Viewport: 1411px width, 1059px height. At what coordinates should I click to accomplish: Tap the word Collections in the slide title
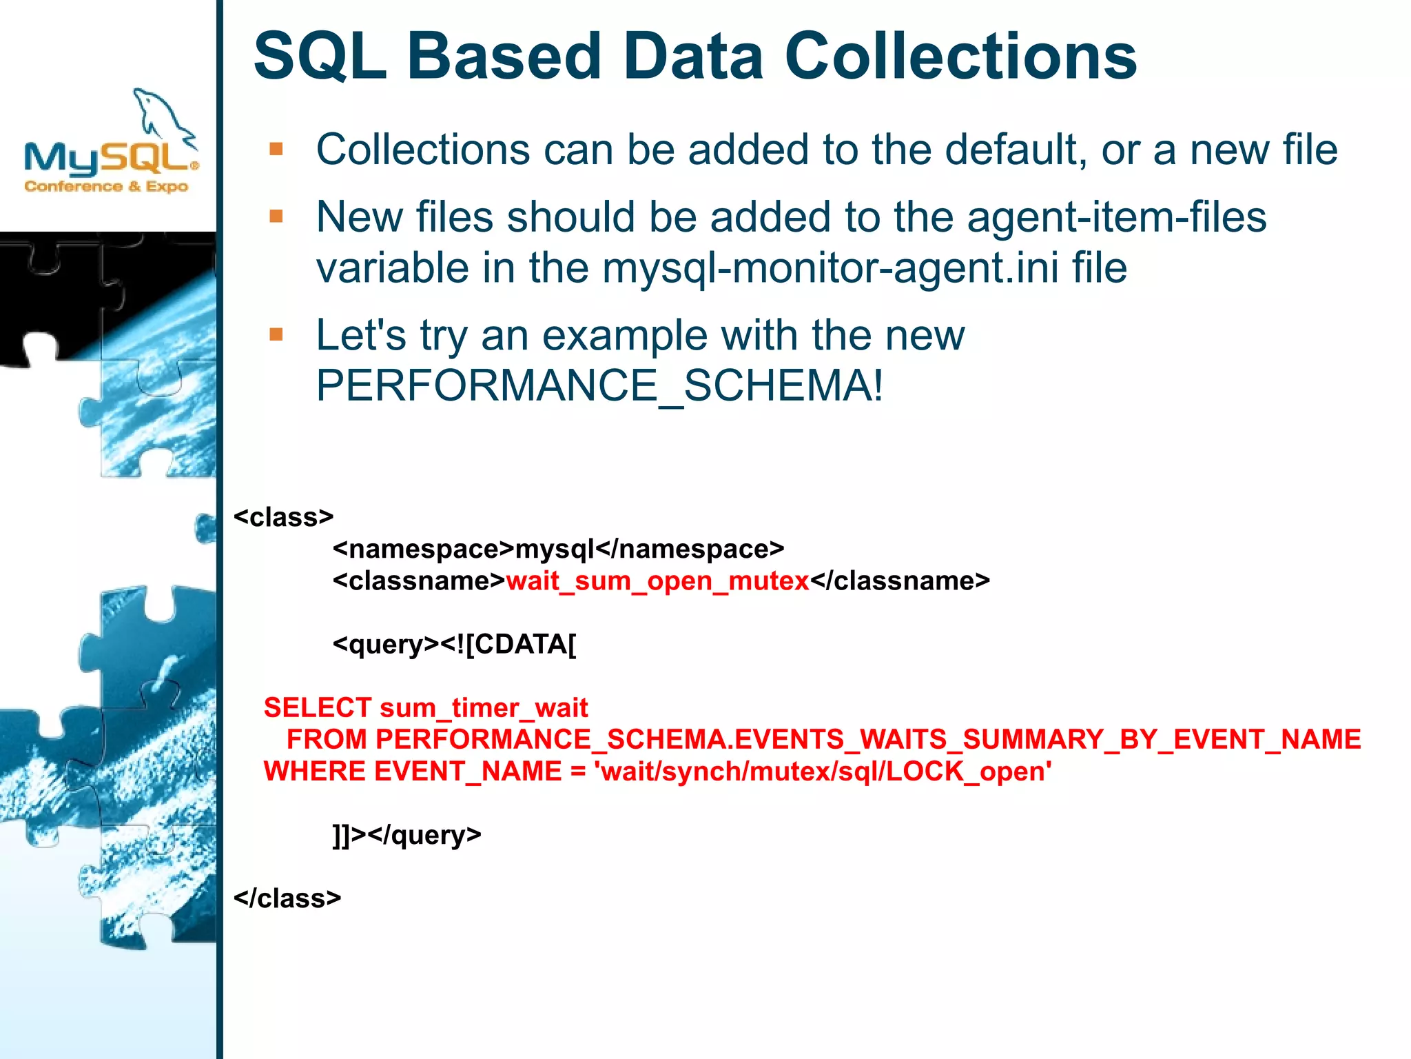click(960, 57)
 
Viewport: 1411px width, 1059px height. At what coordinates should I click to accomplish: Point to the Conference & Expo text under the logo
click(106, 187)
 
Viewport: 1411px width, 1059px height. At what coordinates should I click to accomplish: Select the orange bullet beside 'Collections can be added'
click(276, 150)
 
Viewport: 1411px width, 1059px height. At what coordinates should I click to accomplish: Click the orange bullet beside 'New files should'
click(276, 217)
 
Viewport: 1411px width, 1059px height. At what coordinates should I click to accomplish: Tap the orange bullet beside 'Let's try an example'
click(276, 335)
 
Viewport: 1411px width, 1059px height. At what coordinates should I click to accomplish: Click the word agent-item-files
click(1116, 217)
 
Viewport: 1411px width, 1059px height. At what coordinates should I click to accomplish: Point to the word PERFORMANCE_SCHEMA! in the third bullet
click(599, 385)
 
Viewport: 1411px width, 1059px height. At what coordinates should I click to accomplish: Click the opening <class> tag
click(283, 517)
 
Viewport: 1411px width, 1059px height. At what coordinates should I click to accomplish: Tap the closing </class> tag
click(287, 898)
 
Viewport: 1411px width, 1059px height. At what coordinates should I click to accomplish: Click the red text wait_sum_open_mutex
click(657, 581)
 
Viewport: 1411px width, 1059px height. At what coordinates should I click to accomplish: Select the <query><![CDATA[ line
click(454, 645)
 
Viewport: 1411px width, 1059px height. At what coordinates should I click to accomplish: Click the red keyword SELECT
click(317, 708)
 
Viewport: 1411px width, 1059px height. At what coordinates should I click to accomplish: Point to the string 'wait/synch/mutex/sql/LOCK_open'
click(823, 771)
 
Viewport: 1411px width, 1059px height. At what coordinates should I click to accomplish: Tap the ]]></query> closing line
click(406, 835)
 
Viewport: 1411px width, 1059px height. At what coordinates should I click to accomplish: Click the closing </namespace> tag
click(690, 549)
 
